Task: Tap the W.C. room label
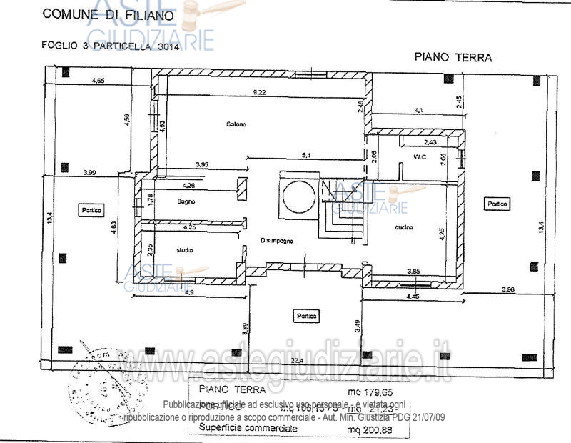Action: [419, 157]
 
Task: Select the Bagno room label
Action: [186, 202]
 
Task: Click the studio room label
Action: [186, 249]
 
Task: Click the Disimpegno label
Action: [274, 239]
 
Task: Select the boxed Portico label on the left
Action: [91, 210]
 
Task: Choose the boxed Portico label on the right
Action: [497, 204]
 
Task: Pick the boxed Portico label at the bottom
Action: [307, 315]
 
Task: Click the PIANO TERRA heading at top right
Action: [454, 57]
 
